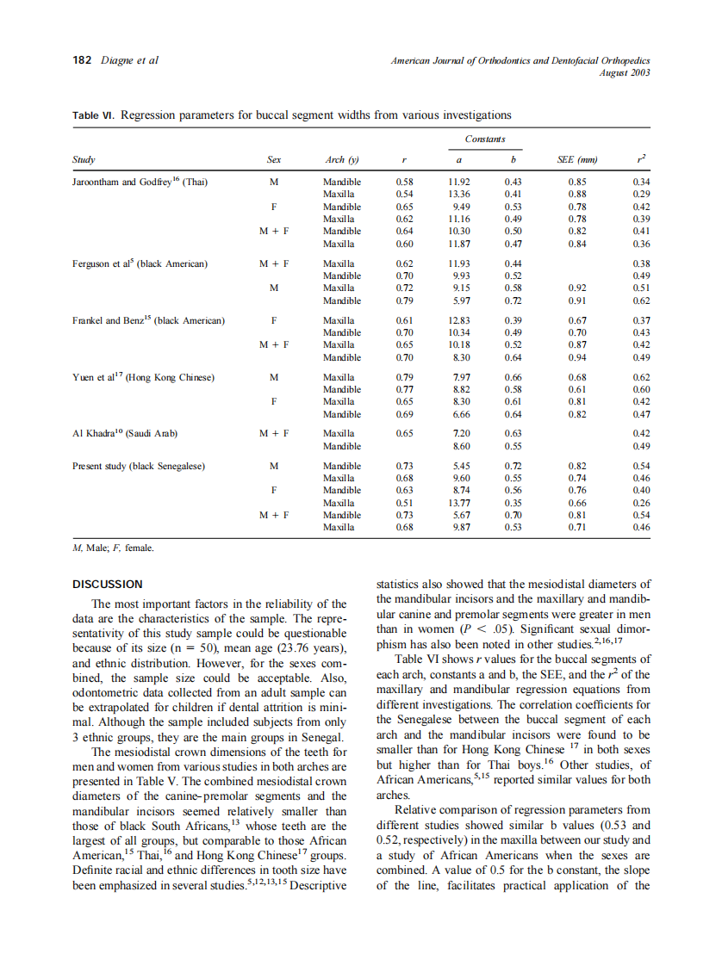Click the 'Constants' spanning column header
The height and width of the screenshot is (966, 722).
(485, 139)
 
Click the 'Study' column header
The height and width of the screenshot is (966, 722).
(84, 160)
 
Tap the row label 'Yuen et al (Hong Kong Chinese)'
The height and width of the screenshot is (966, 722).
(143, 377)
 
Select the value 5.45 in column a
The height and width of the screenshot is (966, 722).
(460, 466)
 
